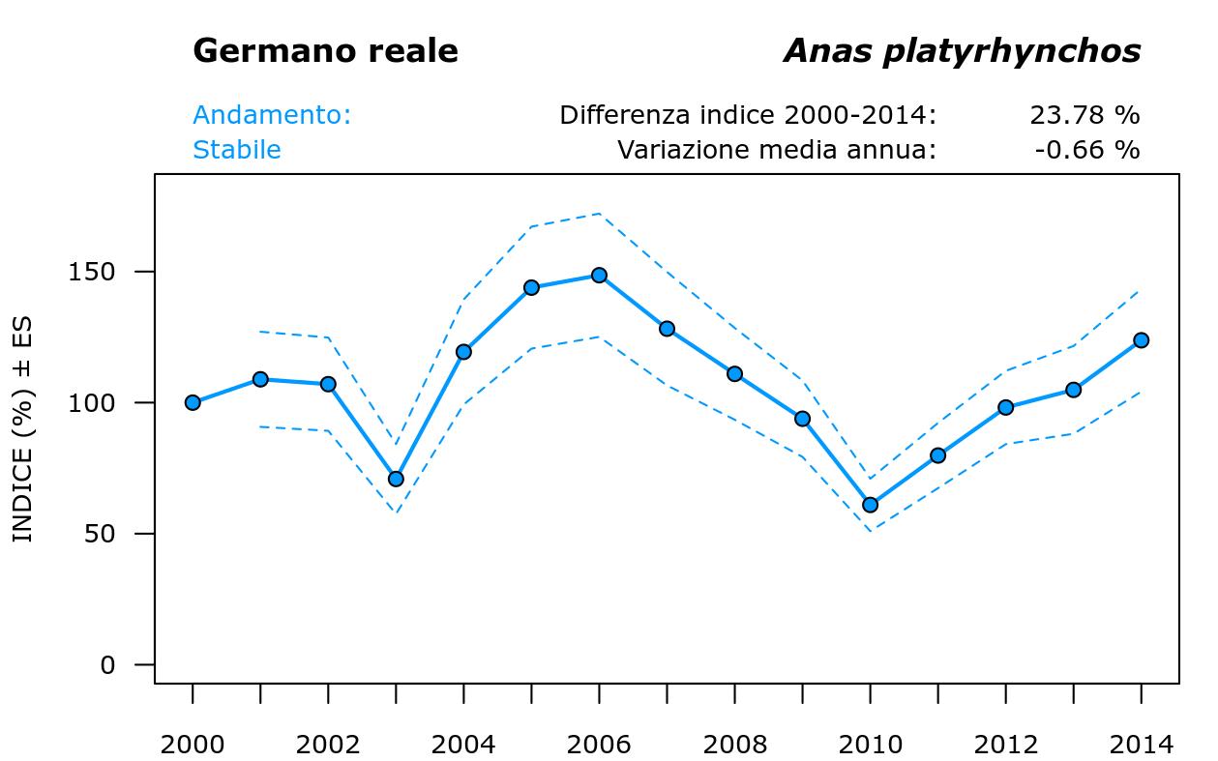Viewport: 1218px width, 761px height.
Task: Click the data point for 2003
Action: point(396,479)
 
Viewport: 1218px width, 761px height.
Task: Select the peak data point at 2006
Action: point(599,276)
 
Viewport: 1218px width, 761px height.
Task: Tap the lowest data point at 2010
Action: point(870,505)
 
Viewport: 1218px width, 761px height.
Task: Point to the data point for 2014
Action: point(1141,340)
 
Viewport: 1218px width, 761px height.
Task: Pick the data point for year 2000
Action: point(193,402)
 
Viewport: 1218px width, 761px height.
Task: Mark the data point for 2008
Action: point(734,373)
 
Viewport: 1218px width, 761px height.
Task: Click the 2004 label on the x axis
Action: point(463,745)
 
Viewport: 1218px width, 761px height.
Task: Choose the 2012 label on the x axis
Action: point(1005,745)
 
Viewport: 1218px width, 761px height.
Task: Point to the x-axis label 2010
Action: point(870,745)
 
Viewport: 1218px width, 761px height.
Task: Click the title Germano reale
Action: point(325,51)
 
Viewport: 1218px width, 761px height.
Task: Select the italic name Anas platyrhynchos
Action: point(962,51)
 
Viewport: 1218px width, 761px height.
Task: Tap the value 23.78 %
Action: point(1084,115)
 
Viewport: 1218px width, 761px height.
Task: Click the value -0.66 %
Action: point(1086,150)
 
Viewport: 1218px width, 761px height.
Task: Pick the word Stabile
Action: point(237,150)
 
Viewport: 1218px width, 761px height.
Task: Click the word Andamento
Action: point(271,115)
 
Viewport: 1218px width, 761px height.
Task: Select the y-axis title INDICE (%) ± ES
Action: point(23,428)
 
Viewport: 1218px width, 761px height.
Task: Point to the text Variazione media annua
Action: point(777,150)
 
